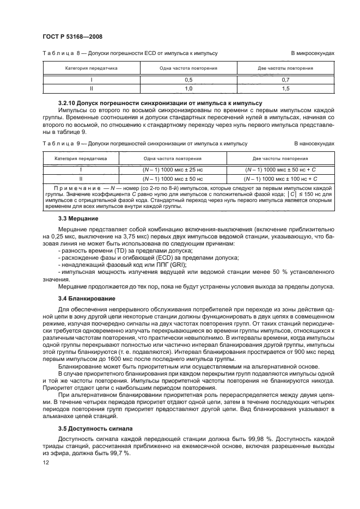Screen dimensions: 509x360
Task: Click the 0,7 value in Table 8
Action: pos(284,79)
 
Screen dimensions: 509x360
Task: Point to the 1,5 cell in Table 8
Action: pos(284,88)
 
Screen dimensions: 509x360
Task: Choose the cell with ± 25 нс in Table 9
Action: pos(173,169)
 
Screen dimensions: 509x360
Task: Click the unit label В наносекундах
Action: pos(313,144)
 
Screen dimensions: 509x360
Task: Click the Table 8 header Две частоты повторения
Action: pos(285,69)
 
